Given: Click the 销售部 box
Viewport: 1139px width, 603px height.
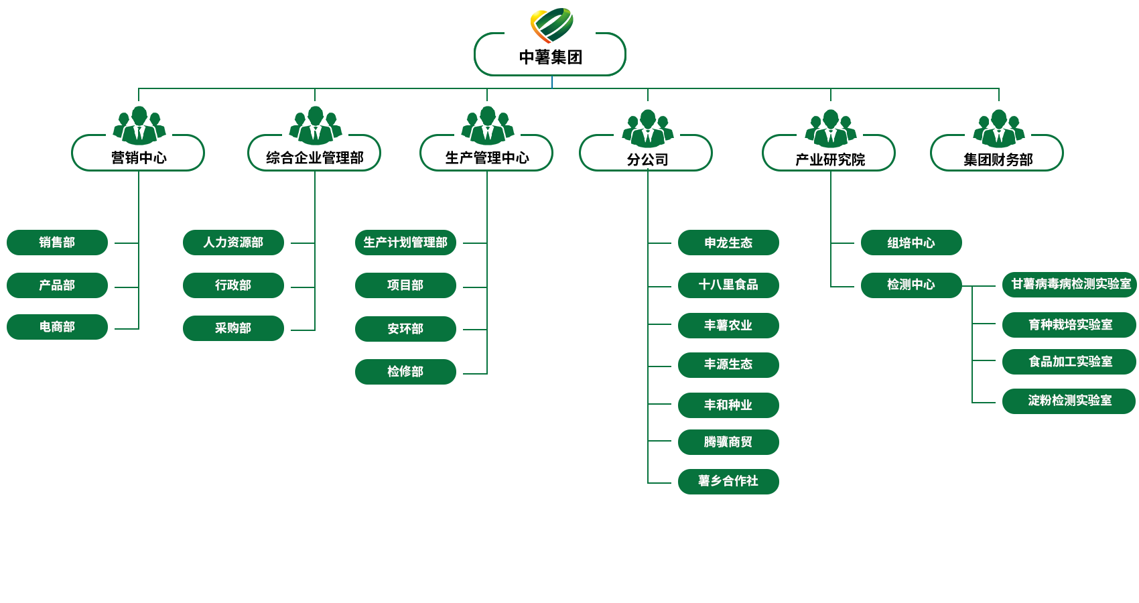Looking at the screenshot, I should click(x=57, y=243).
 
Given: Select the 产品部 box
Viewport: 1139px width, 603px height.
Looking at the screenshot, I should click(x=57, y=285).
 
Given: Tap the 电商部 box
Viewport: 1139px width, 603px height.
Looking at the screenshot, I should click(x=57, y=327).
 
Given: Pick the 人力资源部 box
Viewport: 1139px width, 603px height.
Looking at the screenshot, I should click(x=233, y=243).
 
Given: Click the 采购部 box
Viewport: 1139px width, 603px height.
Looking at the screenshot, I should click(x=233, y=328).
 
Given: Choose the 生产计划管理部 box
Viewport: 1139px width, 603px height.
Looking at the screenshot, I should click(x=405, y=243).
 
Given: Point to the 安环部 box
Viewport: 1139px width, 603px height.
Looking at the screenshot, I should click(x=405, y=329).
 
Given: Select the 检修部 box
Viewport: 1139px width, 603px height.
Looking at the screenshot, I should click(x=405, y=372).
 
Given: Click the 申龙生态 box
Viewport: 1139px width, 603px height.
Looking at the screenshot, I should click(x=728, y=243).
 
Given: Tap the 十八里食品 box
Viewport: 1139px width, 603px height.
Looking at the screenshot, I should click(x=728, y=285).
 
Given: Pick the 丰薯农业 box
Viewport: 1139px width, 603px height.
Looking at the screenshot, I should click(x=728, y=326).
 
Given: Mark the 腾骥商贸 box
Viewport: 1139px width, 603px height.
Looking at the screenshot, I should click(x=728, y=442).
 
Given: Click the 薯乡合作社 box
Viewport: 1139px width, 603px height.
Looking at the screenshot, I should click(x=728, y=481).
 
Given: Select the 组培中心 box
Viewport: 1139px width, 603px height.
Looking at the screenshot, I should click(x=911, y=243).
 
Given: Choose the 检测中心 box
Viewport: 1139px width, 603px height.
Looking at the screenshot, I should click(x=911, y=285).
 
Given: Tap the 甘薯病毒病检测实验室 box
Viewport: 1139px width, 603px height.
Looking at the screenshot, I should click(x=1070, y=285).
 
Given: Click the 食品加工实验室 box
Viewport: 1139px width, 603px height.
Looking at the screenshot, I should click(x=1070, y=362).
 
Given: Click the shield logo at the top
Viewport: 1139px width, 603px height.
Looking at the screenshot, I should click(x=552, y=23).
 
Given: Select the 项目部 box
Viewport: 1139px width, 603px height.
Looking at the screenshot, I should click(x=405, y=285).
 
